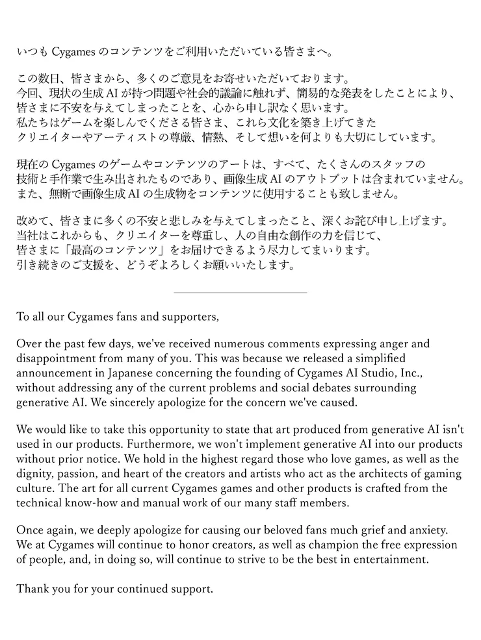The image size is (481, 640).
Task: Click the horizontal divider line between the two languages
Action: point(240,293)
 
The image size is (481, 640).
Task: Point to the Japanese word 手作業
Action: point(72,178)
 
